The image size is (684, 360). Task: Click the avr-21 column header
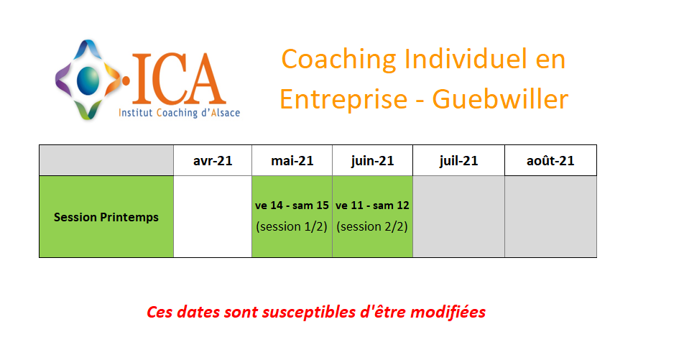click(x=213, y=160)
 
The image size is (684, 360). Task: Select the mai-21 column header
click(x=292, y=160)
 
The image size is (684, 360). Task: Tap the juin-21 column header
click(x=372, y=160)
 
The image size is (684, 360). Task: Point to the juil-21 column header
click(x=458, y=160)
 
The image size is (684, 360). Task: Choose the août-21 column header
click(x=550, y=160)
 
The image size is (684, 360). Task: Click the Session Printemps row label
click(x=106, y=217)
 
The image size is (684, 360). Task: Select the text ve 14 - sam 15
click(x=292, y=205)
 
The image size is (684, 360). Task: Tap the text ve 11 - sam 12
click(x=372, y=205)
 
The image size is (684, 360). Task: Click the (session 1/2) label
click(x=292, y=226)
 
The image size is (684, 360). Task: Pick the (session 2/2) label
click(x=372, y=226)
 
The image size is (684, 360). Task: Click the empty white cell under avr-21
click(x=213, y=216)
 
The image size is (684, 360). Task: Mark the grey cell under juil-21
click(x=458, y=216)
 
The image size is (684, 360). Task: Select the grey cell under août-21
click(x=550, y=216)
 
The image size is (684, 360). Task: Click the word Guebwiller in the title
click(x=500, y=98)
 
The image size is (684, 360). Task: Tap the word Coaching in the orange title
click(x=338, y=60)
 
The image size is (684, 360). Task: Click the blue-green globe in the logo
click(x=88, y=80)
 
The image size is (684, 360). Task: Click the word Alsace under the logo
click(x=226, y=113)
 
